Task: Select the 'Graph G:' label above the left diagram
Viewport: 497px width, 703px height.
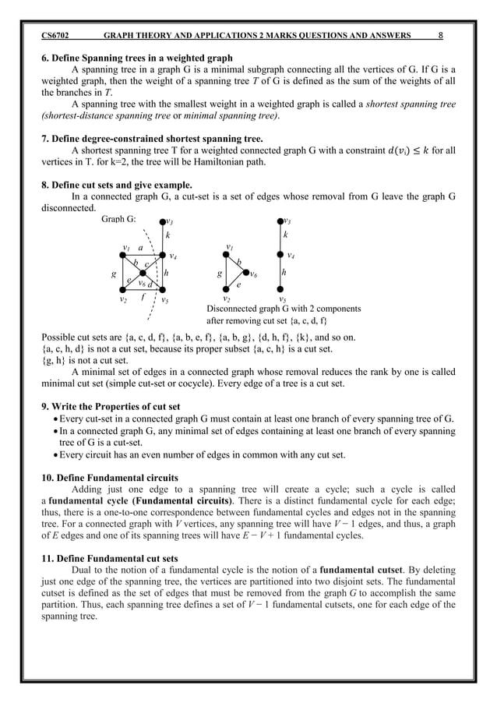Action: point(118,220)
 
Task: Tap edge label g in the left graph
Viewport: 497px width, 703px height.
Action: point(114,274)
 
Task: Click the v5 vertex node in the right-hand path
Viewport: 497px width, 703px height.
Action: point(282,291)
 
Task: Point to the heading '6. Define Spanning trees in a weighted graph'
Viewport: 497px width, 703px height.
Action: point(136,58)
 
